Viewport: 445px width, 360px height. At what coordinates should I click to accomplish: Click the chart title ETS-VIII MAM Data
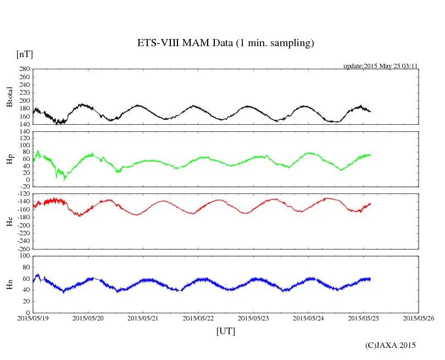(225, 43)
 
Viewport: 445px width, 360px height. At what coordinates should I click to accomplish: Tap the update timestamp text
(381, 66)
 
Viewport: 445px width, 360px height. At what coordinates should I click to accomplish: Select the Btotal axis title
(9, 97)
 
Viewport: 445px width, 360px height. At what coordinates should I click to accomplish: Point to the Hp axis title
(9, 159)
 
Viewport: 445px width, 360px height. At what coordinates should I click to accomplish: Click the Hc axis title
(9, 221)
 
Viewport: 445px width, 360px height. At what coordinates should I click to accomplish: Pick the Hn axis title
(9, 284)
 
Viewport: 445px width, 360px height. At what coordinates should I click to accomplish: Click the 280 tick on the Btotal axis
(24, 69)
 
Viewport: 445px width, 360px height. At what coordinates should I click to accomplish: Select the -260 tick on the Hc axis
(22, 248)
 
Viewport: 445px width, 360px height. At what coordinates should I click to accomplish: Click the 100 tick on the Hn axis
(24, 256)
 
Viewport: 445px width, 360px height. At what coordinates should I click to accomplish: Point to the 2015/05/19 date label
(33, 318)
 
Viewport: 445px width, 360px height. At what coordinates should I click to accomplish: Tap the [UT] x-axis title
(226, 331)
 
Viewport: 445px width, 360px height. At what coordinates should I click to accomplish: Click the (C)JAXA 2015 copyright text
(391, 345)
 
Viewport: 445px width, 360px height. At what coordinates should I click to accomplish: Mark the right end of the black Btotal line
(370, 112)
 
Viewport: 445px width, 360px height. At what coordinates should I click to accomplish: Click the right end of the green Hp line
(370, 154)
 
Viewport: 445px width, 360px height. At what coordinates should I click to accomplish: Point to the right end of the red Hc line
(370, 204)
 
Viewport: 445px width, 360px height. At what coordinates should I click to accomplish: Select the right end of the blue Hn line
(370, 279)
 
